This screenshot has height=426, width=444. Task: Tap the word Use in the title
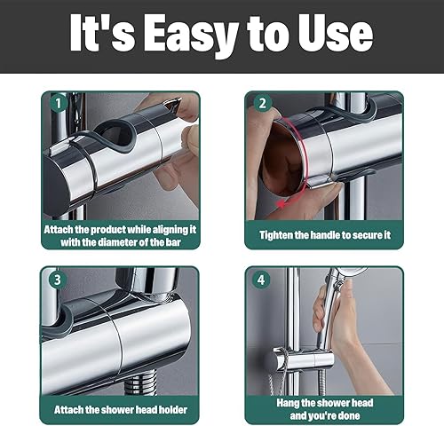pos(336,33)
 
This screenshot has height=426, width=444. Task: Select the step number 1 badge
pos(58,104)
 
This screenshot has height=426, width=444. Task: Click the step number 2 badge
pos(263,104)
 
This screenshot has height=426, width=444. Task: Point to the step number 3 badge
pos(58,280)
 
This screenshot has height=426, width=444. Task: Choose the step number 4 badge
pos(261,280)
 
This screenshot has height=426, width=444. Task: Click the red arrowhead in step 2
pos(279,204)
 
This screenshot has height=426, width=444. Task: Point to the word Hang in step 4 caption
pos(287,403)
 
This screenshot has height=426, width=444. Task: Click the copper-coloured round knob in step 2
pos(281,160)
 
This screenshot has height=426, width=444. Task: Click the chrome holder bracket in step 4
pos(303,359)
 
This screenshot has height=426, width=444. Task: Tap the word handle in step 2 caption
pos(325,235)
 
